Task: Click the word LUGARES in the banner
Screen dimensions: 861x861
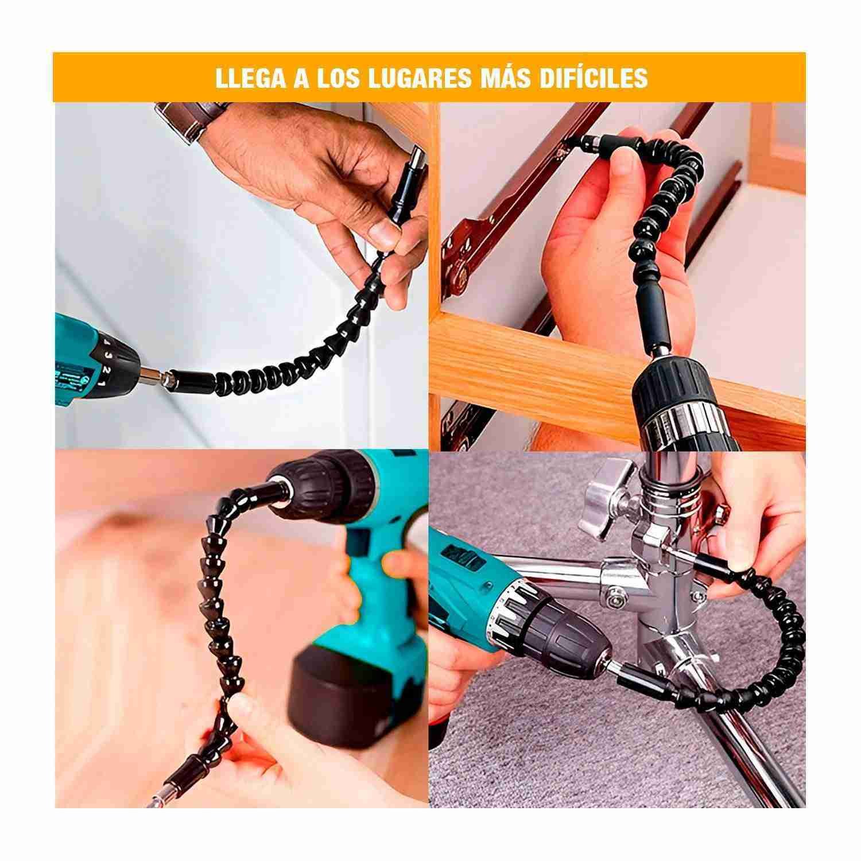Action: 411,78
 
